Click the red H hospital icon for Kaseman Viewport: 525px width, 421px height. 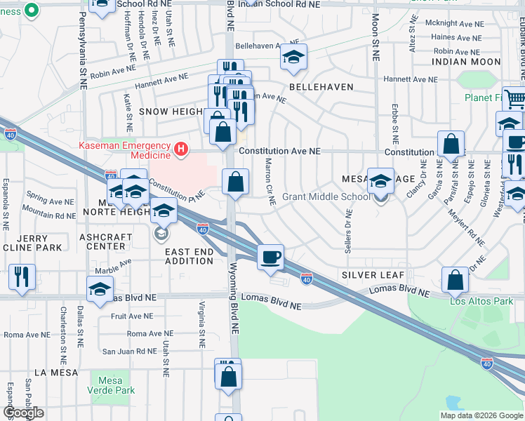[182, 149]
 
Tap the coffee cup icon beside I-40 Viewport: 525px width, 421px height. [270, 257]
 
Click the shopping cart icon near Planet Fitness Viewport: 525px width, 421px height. [514, 98]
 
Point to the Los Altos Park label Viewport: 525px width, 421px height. [481, 302]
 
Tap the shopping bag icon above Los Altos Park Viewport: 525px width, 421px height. [456, 279]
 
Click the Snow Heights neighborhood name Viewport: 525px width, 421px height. [171, 112]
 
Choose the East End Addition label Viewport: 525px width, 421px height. [189, 256]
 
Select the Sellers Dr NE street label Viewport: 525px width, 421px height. [349, 227]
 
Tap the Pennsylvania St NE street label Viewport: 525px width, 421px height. [83, 60]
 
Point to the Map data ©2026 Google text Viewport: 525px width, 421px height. [481, 415]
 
